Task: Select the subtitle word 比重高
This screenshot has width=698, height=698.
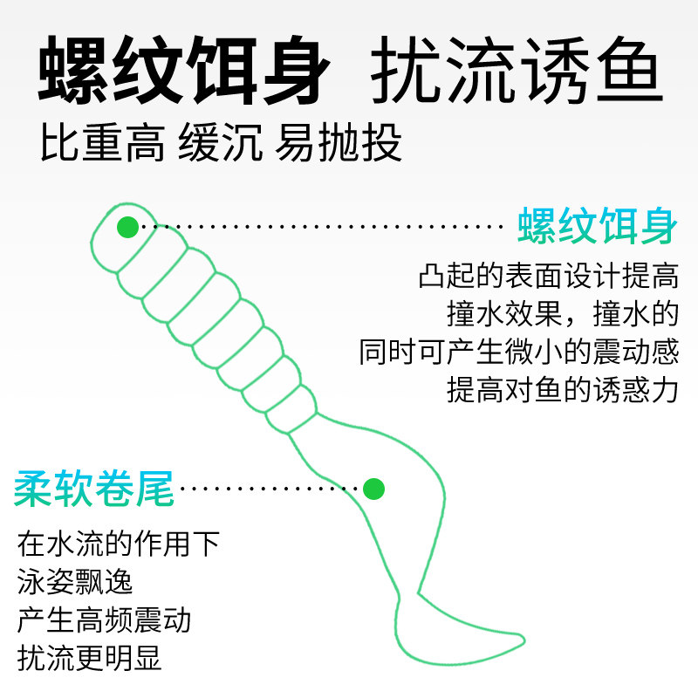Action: click(102, 145)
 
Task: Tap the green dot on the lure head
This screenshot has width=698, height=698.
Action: click(127, 227)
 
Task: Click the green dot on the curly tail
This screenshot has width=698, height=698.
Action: click(373, 489)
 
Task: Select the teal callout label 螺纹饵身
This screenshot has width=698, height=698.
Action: click(597, 227)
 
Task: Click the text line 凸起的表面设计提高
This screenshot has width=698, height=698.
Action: click(548, 277)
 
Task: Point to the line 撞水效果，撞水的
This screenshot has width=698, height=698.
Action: click(562, 314)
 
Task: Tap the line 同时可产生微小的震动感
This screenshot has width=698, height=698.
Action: click(518, 352)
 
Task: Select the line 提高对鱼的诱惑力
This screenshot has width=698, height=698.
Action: click(562, 389)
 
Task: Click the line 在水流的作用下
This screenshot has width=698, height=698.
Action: click(118, 544)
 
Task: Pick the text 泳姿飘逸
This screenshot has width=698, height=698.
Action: click(75, 582)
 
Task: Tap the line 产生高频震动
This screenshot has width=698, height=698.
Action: click(104, 620)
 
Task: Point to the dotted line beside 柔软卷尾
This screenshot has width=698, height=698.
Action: click(270, 489)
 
